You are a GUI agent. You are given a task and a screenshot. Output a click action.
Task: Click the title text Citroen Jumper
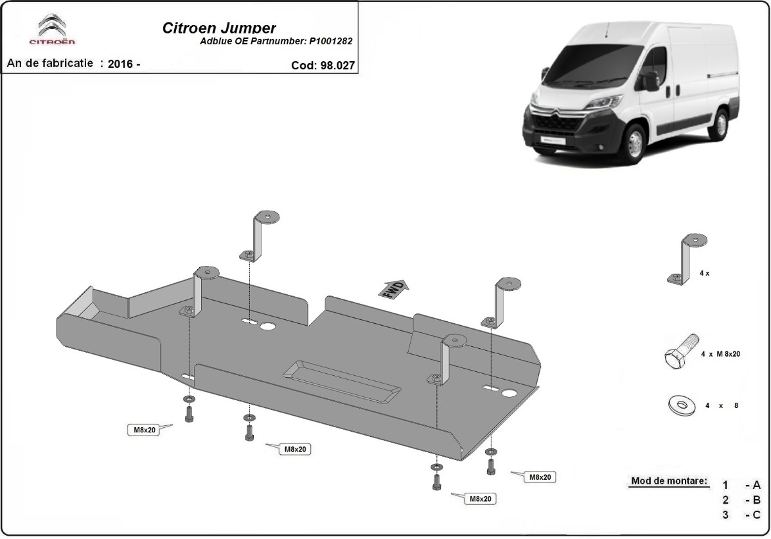click(x=217, y=28)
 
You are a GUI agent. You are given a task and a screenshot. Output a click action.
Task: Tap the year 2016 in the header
click(x=120, y=64)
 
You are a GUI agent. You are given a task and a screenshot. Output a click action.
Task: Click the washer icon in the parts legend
click(x=680, y=405)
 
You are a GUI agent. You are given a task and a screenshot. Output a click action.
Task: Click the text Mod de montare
click(x=669, y=481)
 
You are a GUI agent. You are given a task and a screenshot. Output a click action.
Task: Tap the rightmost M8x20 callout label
click(x=539, y=477)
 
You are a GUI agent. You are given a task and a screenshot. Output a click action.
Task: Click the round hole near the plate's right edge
click(x=510, y=393)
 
